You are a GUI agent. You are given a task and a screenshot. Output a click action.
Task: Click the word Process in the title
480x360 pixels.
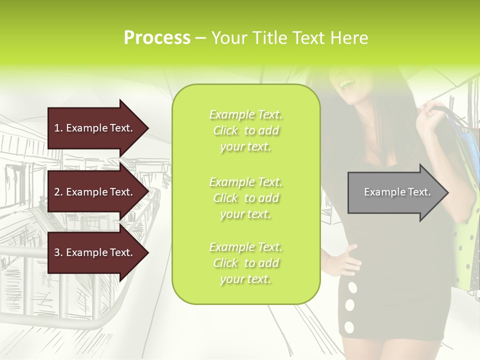tap(157, 38)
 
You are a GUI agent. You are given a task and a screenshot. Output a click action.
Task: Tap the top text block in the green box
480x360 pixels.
tap(246, 130)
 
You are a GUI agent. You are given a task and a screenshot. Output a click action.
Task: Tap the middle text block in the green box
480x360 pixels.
tap(246, 198)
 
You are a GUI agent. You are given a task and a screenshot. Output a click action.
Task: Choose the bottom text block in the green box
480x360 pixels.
tap(246, 263)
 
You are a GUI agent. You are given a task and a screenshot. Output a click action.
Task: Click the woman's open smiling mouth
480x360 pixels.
tap(345, 86)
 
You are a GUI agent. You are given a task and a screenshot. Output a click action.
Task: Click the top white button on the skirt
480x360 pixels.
tap(352, 287)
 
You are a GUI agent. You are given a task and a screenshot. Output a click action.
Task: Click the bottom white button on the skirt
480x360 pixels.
tap(349, 327)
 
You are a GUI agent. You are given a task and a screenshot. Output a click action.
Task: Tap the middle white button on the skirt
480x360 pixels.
tap(350, 305)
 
